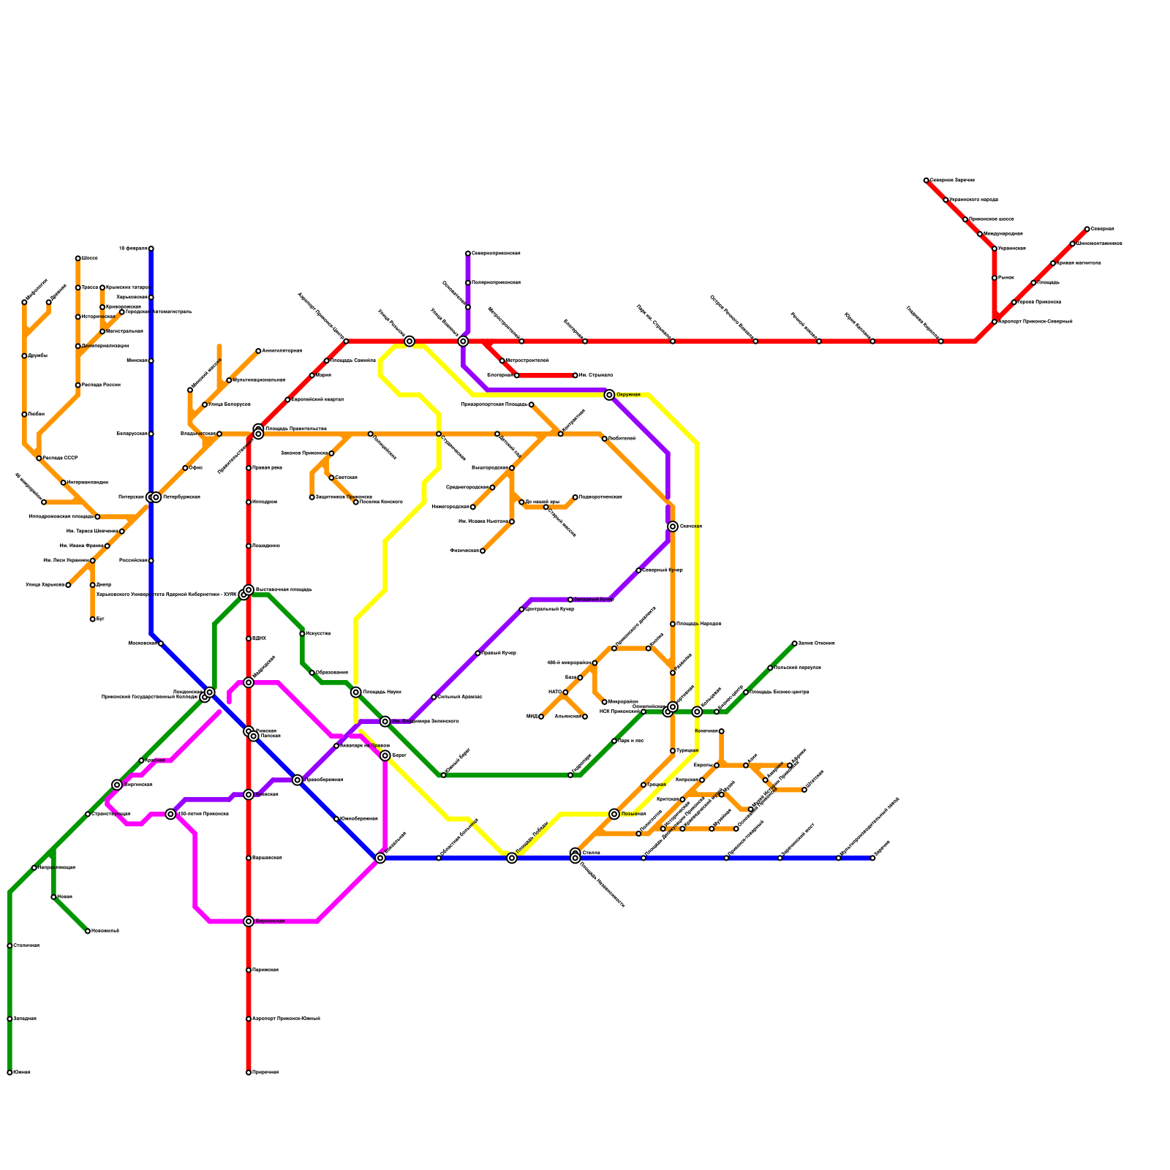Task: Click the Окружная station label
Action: click(628, 395)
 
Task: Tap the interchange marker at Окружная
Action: click(609, 395)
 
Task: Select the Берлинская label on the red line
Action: click(270, 921)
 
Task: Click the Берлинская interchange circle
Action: click(249, 921)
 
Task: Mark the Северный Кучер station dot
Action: click(638, 570)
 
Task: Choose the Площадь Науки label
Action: click(382, 692)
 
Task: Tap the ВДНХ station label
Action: click(259, 638)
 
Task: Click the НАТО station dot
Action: click(565, 692)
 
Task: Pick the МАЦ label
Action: click(532, 717)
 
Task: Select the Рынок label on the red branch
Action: click(1006, 278)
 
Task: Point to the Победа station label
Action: click(36, 414)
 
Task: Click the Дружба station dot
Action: click(24, 356)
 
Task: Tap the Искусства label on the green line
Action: click(318, 633)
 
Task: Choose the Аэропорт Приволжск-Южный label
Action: click(286, 1019)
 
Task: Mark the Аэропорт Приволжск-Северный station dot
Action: click(994, 322)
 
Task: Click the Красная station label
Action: click(154, 760)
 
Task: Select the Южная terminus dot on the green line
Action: click(10, 1073)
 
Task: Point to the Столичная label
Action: click(26, 946)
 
